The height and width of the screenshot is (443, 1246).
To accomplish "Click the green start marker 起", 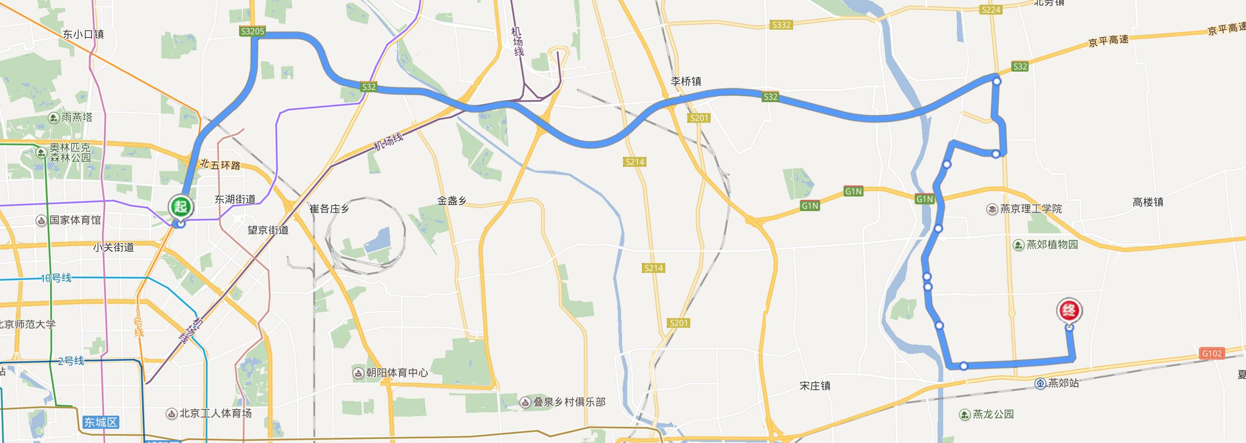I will (x=181, y=207).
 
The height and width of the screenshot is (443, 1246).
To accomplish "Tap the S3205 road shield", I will (x=252, y=32).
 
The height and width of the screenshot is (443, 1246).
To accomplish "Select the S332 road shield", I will (x=781, y=25).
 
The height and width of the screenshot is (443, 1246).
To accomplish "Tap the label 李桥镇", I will (x=685, y=81).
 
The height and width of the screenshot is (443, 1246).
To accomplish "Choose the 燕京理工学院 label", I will (x=1030, y=209).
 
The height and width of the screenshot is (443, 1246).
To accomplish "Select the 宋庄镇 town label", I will (x=815, y=386).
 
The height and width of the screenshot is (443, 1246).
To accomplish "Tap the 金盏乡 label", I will (x=452, y=200).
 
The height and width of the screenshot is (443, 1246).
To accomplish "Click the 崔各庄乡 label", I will (x=329, y=209).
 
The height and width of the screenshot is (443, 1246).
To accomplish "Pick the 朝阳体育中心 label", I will (x=397, y=373).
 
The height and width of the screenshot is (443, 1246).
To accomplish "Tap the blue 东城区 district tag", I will (x=100, y=422).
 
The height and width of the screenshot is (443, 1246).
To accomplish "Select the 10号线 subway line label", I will (x=56, y=278).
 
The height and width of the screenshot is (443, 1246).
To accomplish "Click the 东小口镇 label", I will (x=83, y=34).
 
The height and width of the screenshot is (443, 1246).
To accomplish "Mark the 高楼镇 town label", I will (x=1148, y=202).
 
